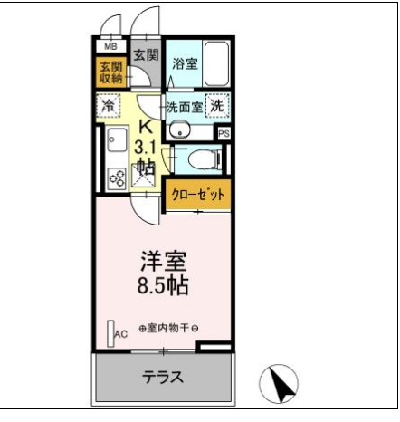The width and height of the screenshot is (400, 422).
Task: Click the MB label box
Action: pos(110,46)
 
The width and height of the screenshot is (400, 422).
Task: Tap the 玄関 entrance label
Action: pos(146,55)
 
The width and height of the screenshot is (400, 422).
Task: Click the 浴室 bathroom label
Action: pos(185,63)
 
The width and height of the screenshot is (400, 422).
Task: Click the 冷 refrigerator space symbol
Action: pos(109,106)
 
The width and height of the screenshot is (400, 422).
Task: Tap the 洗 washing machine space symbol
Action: pos(218,106)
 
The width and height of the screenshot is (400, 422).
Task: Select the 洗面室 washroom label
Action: pos(185,107)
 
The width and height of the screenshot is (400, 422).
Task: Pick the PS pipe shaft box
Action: pos(224,133)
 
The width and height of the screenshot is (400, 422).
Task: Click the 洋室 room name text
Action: pos(163,263)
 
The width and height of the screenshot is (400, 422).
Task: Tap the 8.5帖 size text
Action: pos(163,288)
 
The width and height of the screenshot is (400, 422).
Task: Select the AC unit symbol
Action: pos(112,333)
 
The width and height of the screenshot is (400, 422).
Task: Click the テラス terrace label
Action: pos(163,378)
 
